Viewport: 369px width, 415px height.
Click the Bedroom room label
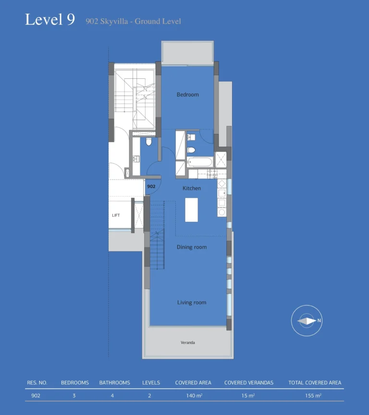coord(187,95)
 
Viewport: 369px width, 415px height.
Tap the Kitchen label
coord(192,188)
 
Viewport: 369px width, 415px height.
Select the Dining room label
coord(192,247)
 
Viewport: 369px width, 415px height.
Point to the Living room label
coord(192,303)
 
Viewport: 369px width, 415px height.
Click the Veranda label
coord(187,342)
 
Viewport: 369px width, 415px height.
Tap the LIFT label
coord(116,215)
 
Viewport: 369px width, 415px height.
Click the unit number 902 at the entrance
coord(151,186)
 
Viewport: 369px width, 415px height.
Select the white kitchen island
coord(191,210)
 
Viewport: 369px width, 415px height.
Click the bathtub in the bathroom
coord(199,162)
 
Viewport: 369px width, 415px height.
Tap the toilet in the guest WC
coord(148,142)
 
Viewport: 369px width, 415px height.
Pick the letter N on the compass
coord(319,320)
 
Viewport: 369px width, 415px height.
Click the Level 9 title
coord(50,20)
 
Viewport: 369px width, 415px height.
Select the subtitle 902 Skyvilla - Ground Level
coord(133,21)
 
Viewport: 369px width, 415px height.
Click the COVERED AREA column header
coord(193,383)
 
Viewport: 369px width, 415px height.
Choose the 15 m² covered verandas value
coord(248,396)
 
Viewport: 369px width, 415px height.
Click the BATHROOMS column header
coord(114,383)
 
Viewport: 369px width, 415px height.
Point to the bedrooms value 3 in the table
coord(74,396)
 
